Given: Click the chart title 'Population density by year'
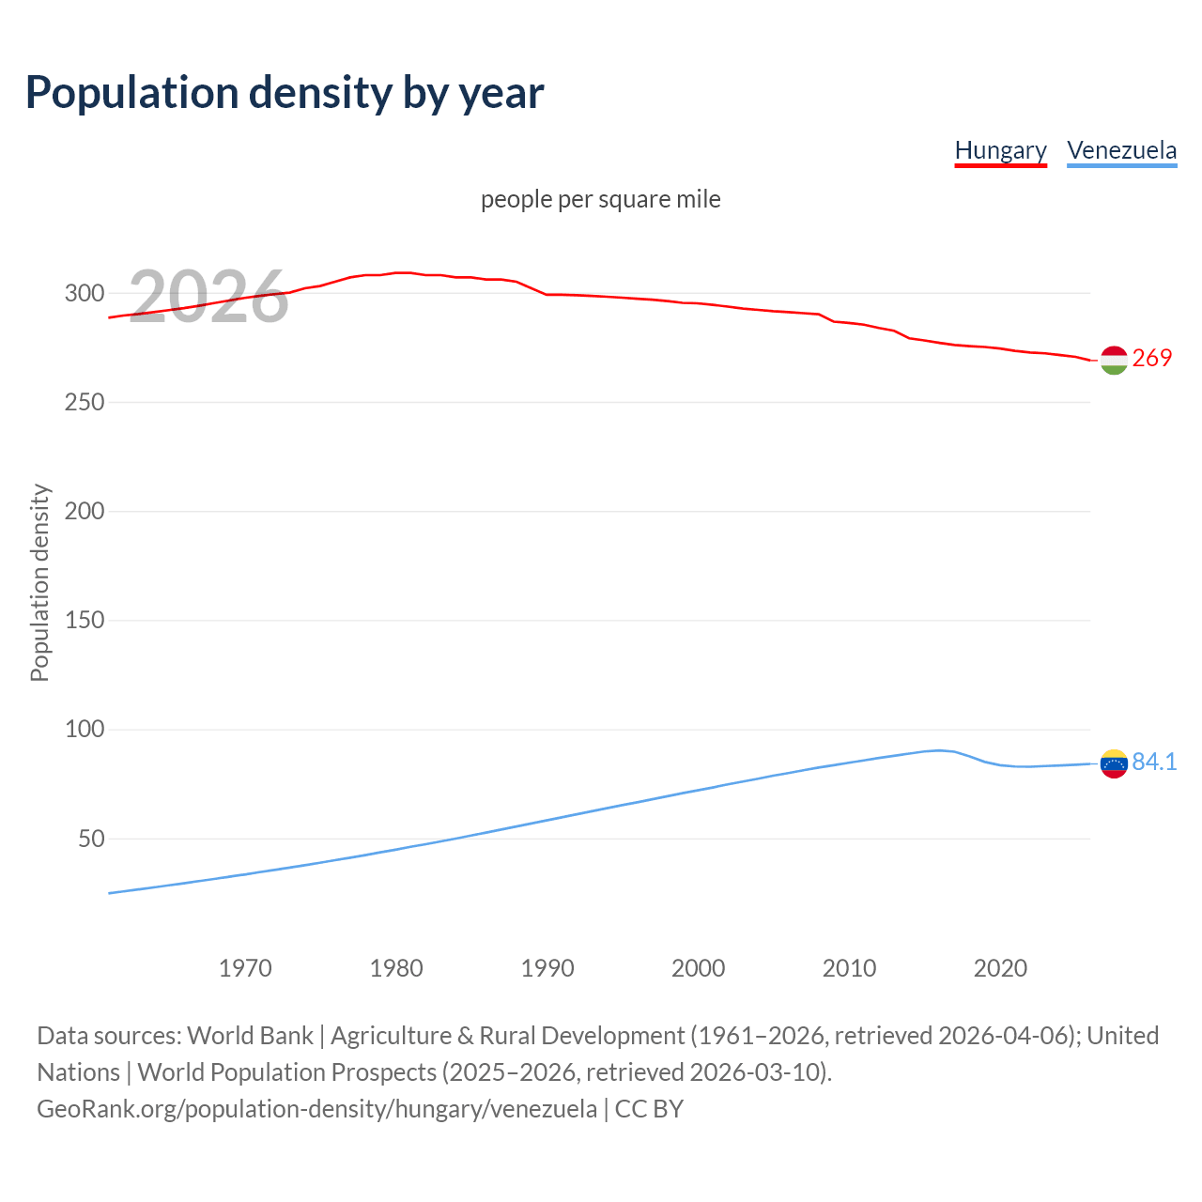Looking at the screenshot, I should (285, 92).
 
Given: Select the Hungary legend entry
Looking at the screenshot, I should (1000, 150).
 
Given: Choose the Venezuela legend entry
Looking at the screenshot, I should (1121, 150).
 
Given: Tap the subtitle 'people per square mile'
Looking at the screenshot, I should (600, 199).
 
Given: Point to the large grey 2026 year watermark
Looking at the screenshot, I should (208, 297).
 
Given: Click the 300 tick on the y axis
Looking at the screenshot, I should (85, 293).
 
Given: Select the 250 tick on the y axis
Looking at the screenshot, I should (85, 402).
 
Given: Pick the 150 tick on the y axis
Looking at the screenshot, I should (85, 621).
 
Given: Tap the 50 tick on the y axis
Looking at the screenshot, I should (91, 839).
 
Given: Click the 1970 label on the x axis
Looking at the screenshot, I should (245, 968).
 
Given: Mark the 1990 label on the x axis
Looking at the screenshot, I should (547, 968).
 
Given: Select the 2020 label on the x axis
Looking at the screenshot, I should (1000, 968).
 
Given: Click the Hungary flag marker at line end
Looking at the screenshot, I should (1114, 360).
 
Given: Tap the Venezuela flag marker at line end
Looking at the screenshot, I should (1114, 763).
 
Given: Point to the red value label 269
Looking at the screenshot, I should (1152, 358).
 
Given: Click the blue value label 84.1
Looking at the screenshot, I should (1154, 762).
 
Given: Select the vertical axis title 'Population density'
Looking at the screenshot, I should (39, 582).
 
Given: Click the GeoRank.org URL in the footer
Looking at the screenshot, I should (316, 1108).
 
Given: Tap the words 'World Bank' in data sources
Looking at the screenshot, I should (250, 1035).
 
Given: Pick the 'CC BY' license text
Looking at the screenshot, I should (649, 1108).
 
